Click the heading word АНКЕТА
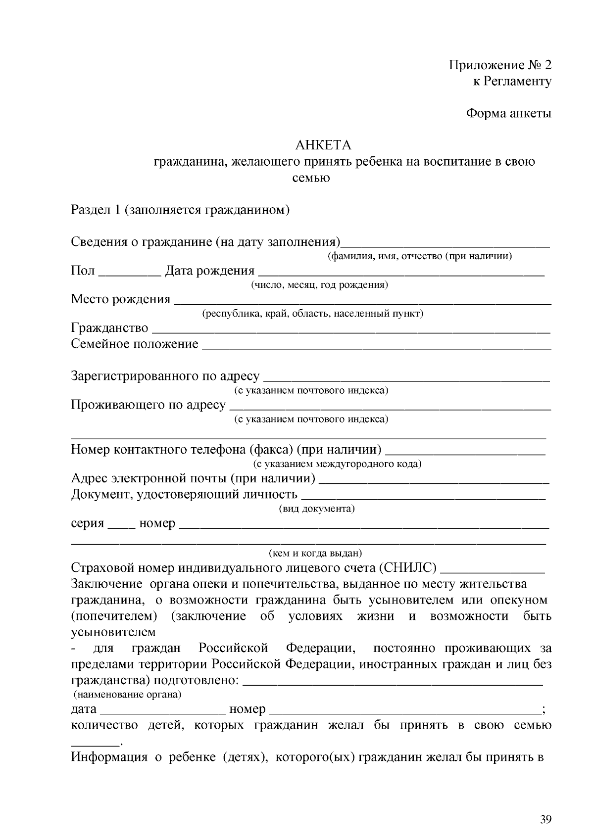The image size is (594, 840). (x=323, y=145)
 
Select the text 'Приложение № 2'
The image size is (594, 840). (x=500, y=65)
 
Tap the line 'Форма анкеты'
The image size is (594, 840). (x=509, y=113)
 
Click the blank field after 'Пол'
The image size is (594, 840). (x=130, y=272)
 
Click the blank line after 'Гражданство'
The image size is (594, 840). (x=350, y=329)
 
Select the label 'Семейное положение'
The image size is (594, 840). (x=135, y=344)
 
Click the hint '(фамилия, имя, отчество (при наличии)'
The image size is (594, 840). (x=419, y=256)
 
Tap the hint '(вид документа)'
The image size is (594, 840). (x=317, y=509)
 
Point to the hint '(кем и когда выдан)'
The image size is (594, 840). (x=315, y=553)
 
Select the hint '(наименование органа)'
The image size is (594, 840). (x=127, y=694)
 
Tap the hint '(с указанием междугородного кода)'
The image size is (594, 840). (x=337, y=464)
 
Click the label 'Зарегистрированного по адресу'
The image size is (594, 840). (x=165, y=376)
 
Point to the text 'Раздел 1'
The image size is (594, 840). (x=96, y=210)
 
